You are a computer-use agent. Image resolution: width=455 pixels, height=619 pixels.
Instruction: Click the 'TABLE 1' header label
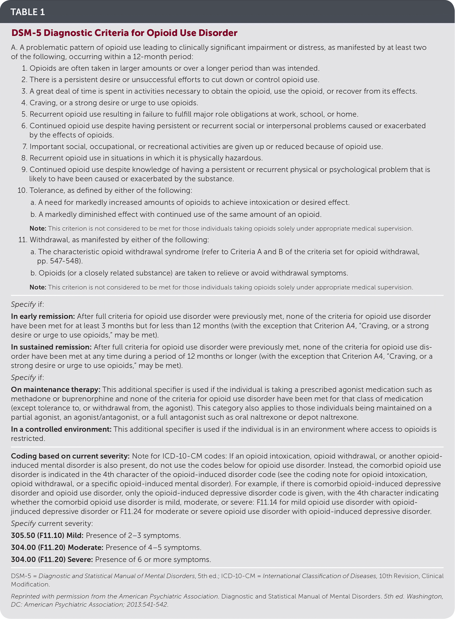tap(27, 12)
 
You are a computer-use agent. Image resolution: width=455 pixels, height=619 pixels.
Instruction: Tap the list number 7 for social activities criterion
tap(24, 146)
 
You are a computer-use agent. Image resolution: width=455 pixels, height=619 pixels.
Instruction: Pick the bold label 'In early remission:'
tap(43, 316)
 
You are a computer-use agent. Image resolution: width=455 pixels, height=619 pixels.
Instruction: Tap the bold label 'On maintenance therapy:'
tap(56, 389)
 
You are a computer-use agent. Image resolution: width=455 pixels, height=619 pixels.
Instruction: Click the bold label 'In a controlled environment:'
tap(61, 429)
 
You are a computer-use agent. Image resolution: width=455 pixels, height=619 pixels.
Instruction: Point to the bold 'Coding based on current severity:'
tap(70, 456)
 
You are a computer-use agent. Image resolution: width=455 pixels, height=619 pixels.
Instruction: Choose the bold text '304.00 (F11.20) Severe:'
tap(52, 559)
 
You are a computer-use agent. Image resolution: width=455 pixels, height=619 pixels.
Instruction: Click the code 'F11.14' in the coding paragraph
tap(267, 502)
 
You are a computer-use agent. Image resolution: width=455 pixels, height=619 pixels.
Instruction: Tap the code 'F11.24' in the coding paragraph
tap(131, 511)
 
